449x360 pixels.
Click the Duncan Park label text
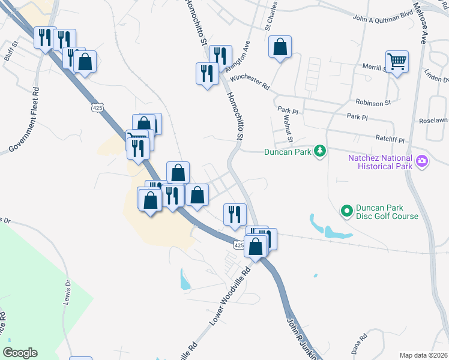288,152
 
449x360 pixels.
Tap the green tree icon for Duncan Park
321,151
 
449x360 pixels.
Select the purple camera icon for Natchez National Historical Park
422,160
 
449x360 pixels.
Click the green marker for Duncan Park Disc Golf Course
346,211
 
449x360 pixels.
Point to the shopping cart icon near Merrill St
397,61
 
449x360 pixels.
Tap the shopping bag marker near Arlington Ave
280,47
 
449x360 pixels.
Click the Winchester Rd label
250,80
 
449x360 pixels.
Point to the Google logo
20,353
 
